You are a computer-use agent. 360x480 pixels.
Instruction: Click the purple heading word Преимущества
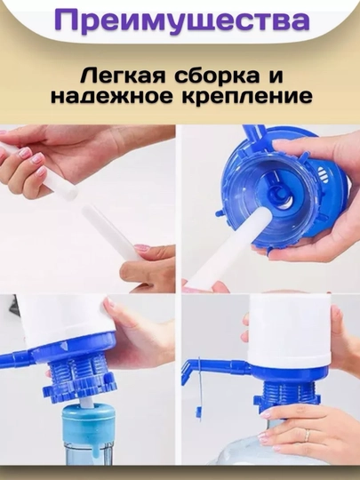tap(182, 21)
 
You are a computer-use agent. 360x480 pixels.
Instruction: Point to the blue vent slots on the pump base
tap(320, 174)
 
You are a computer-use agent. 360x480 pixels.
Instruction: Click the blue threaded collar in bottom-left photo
tap(78, 378)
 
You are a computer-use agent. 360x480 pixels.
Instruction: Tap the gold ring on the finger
tap(308, 435)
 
